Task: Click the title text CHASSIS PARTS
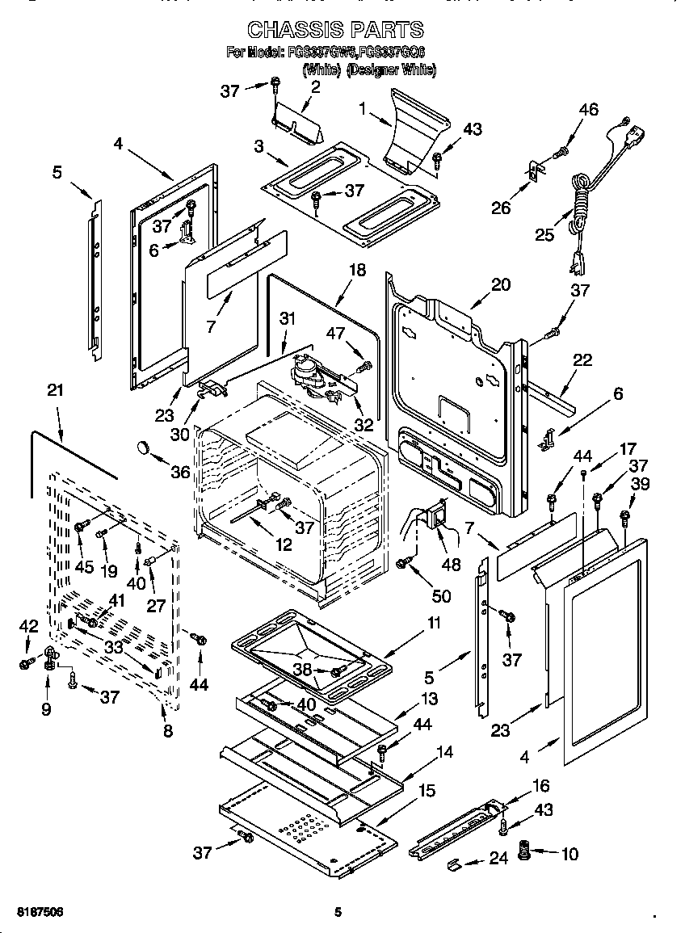tap(334, 30)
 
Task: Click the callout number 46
tap(589, 110)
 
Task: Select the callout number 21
tap(54, 391)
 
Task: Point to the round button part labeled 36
tap(144, 447)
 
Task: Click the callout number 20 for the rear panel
tap(501, 285)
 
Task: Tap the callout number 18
tap(356, 270)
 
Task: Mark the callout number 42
tap(29, 625)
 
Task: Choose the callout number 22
tap(582, 360)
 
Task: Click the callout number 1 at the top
tap(363, 107)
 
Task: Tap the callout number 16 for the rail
tap(540, 784)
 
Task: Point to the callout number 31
tap(287, 319)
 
